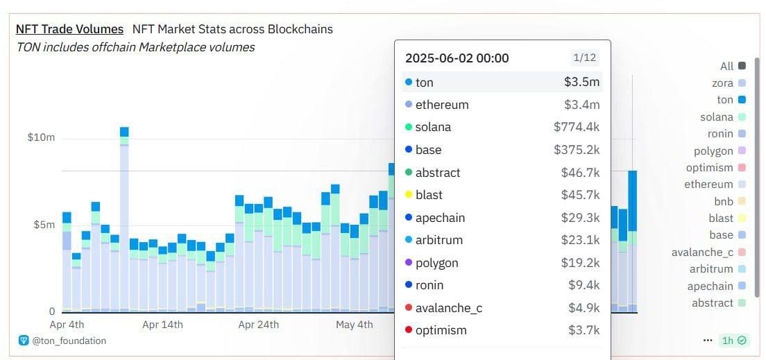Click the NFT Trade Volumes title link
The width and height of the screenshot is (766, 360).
(69, 29)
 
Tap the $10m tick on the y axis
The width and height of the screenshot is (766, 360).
(41, 137)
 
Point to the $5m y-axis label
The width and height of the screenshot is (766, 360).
(44, 225)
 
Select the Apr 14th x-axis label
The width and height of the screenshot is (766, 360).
(162, 325)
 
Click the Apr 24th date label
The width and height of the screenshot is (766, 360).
(258, 325)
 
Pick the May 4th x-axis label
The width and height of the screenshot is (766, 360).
(354, 325)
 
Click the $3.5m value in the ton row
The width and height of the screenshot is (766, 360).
(581, 83)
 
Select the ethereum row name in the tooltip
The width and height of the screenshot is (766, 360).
(442, 105)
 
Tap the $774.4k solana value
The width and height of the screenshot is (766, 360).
(576, 128)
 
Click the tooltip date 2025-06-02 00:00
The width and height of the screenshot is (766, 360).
(457, 58)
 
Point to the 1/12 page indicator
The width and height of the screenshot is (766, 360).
(584, 58)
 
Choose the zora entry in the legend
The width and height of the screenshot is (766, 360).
(722, 83)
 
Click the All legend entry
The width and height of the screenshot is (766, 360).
(726, 67)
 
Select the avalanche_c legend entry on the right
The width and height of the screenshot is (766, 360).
(702, 252)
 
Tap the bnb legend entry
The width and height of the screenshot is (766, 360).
(723, 201)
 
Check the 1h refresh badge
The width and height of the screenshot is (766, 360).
(733, 341)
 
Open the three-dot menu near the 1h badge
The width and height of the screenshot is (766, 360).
(708, 341)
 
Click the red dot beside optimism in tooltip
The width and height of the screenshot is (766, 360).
(408, 330)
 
